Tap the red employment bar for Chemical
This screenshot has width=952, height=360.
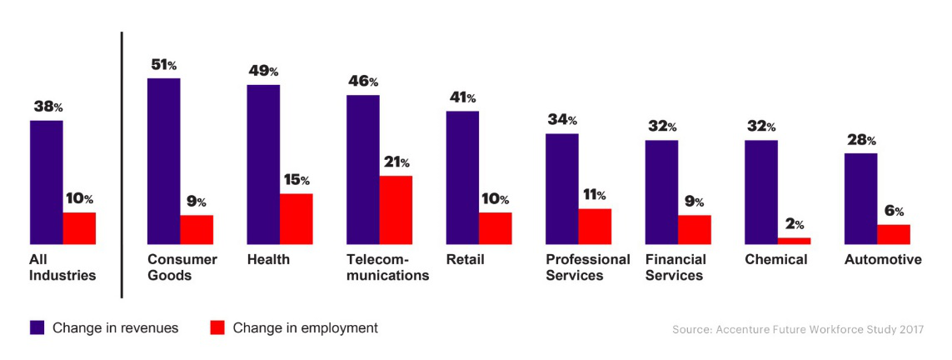[x=794, y=241]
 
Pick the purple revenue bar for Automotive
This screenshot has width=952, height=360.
[x=860, y=198]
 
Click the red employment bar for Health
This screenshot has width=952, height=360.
[x=296, y=219]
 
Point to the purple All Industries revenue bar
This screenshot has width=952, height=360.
[x=47, y=182]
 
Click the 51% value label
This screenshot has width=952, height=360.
[x=162, y=64]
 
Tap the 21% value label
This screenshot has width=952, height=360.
[x=396, y=162]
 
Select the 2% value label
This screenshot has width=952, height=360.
[x=794, y=224]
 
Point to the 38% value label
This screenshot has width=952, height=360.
[x=47, y=107]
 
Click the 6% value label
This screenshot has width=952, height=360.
[x=894, y=211]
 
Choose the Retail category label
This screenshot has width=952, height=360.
[x=465, y=259]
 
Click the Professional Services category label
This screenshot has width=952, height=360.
[x=587, y=267]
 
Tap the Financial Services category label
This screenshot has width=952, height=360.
[x=675, y=267]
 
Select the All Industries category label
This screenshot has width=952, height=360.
[x=62, y=267]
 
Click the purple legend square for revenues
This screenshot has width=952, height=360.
[x=37, y=327]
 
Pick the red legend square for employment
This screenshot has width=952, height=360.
[x=217, y=327]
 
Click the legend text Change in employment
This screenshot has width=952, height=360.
[x=305, y=328]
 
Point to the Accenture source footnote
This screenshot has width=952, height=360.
[x=798, y=329]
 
